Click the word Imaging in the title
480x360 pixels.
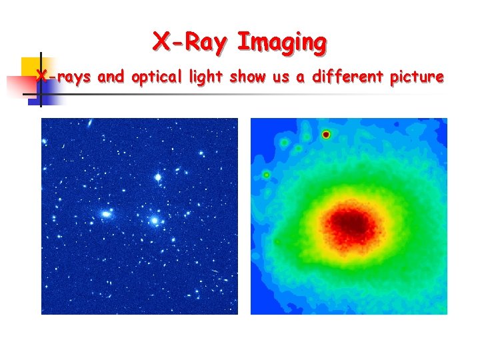[x=282, y=42]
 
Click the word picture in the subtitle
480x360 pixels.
[x=417, y=77]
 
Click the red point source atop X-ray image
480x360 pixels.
[x=326, y=135]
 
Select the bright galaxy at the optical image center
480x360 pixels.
[x=155, y=219]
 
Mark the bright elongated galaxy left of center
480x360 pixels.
[x=105, y=215]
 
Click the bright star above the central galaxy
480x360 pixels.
[x=158, y=177]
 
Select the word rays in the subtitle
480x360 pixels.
[x=73, y=77]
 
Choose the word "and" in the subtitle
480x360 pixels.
[x=111, y=77]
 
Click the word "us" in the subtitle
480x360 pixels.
[x=280, y=77]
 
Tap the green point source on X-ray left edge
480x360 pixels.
[x=267, y=175]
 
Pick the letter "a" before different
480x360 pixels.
[x=301, y=77]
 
